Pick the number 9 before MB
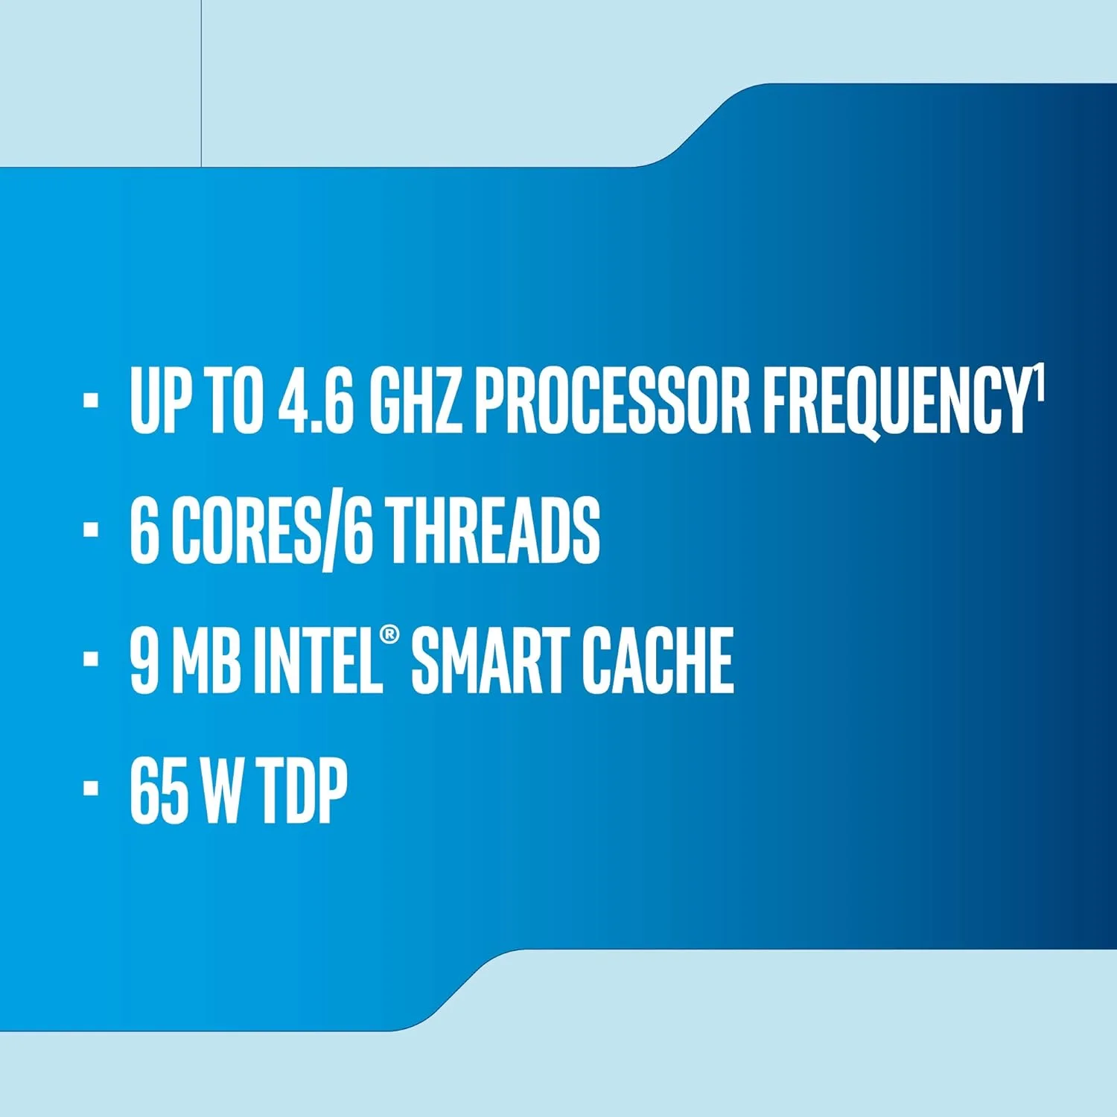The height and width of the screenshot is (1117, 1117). click(144, 661)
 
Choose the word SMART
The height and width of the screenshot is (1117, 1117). click(489, 661)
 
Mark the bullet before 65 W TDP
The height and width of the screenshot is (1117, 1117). click(91, 789)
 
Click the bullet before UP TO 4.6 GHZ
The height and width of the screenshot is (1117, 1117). click(91, 400)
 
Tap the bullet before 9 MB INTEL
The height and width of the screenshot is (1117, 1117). click(91, 659)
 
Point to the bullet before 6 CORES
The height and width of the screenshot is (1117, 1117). click(91, 529)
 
